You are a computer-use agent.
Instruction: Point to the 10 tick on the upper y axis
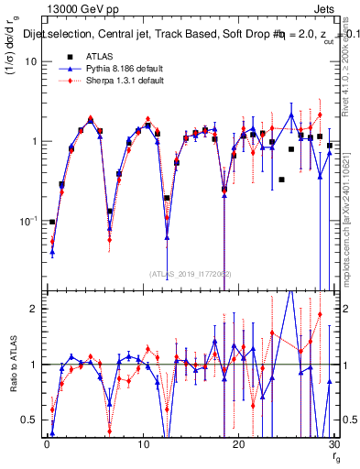30,61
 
